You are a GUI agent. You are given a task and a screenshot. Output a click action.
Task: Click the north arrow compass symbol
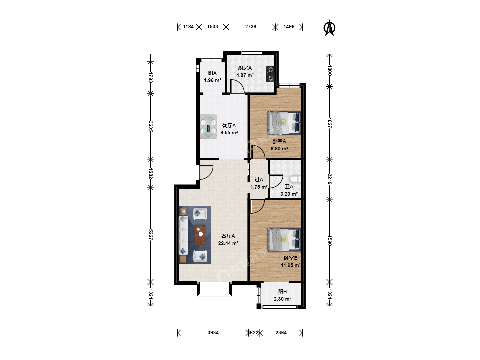coord(329,28)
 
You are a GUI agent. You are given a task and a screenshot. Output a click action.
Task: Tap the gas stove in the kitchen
coord(270,74)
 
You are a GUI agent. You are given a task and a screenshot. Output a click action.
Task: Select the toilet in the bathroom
coord(296,179)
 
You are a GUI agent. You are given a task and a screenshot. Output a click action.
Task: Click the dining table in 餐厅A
coord(209,127)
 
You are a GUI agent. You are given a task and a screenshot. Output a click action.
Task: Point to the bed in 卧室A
coord(284,123)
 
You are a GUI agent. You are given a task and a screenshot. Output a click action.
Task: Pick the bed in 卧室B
coord(284,239)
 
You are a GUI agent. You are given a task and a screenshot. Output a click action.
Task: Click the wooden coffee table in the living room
coord(200,235)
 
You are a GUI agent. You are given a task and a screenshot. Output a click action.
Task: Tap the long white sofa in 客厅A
coord(183,235)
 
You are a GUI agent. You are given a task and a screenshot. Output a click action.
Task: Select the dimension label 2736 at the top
coord(251,27)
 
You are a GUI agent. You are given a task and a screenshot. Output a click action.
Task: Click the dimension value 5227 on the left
coord(150,235)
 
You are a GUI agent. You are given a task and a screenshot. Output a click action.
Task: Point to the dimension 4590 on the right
coord(330,240)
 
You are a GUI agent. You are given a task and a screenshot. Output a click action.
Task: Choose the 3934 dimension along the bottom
coord(213,333)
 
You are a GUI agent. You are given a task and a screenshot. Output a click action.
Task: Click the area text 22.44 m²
coord(228,243)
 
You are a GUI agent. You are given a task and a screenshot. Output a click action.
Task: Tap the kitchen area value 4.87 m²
coord(245,75)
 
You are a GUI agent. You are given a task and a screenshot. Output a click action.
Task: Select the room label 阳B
coord(282,292)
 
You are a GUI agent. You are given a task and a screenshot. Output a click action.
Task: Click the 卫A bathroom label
coord(289,186)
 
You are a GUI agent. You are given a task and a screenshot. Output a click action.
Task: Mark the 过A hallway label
coord(259,180)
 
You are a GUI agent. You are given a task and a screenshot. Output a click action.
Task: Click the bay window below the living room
coord(214,289)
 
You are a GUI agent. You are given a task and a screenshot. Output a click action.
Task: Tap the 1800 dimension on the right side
coord(330,70)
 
